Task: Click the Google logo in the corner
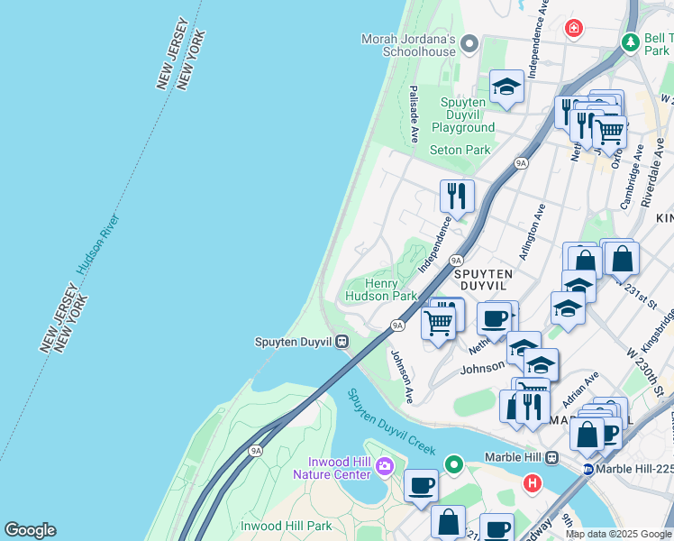(30, 530)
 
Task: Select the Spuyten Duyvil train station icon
(342, 342)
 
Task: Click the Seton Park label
(460, 150)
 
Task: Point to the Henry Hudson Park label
(382, 289)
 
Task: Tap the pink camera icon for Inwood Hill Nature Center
(386, 466)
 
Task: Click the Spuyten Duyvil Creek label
(391, 422)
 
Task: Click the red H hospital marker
(532, 483)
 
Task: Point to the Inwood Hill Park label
(287, 525)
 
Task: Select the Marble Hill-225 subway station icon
(587, 468)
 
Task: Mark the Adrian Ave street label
(581, 390)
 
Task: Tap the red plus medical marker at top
(573, 30)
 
